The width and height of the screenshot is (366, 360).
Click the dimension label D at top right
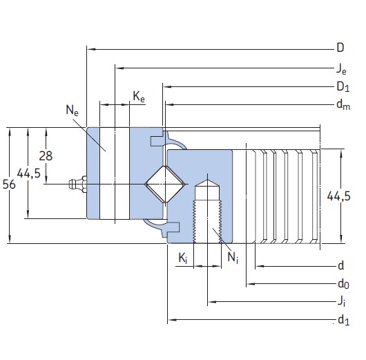[340, 48]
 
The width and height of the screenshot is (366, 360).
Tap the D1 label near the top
[341, 86]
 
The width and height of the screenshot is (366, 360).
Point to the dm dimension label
[341, 105]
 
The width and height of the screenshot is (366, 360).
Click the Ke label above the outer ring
[139, 98]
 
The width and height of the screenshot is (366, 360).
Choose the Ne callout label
[72, 109]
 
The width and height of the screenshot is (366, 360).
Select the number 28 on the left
[46, 155]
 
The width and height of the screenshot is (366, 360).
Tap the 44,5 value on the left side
[28, 174]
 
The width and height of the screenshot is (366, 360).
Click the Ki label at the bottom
[182, 258]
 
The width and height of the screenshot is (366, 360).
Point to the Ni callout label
[233, 258]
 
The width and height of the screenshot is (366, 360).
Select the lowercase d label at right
[340, 266]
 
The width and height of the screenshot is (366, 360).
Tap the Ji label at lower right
[341, 301]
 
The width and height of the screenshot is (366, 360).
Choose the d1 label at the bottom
[341, 319]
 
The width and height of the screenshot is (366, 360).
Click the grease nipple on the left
[76, 184]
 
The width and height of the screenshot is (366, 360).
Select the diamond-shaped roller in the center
[164, 184]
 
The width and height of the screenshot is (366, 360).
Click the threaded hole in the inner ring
[206, 211]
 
